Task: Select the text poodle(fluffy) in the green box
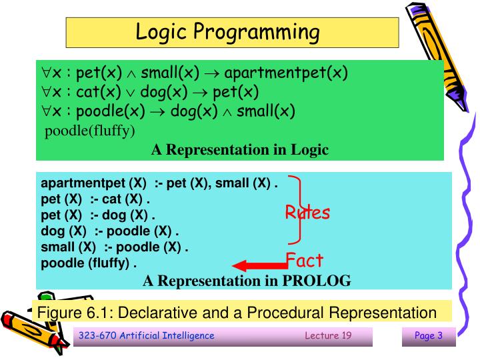pyautogui.click(x=90, y=129)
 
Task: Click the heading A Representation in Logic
pyautogui.click(x=239, y=149)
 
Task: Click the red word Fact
pyautogui.click(x=305, y=259)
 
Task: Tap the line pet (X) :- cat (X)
pyautogui.click(x=96, y=199)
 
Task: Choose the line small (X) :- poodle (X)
pyautogui.click(x=115, y=247)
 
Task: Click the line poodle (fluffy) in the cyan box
pyautogui.click(x=89, y=263)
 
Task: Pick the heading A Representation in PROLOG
pyautogui.click(x=247, y=281)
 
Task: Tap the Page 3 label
pyautogui.click(x=429, y=335)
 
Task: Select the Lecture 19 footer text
pyautogui.click(x=328, y=335)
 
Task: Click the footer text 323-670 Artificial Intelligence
pyautogui.click(x=147, y=335)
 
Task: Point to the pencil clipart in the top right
pyautogui.click(x=433, y=47)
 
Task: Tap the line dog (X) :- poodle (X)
pyautogui.click(x=111, y=231)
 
